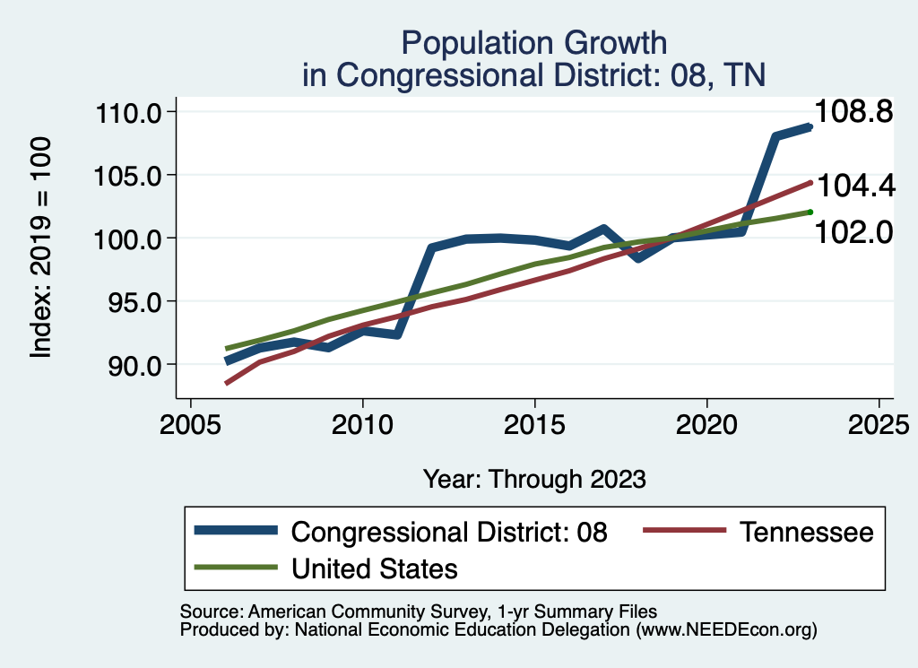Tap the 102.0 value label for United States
click(854, 232)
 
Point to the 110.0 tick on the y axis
click(128, 113)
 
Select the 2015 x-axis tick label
click(534, 423)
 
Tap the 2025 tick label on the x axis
click(879, 423)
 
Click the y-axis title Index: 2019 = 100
click(40, 247)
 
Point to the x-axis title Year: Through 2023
click(534, 479)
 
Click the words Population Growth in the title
click(534, 43)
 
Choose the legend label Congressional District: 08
click(450, 532)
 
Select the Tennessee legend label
click(806, 532)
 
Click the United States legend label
click(375, 568)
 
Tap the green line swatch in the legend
click(235, 568)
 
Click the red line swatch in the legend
click(683, 532)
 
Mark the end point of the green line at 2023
click(810, 212)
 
